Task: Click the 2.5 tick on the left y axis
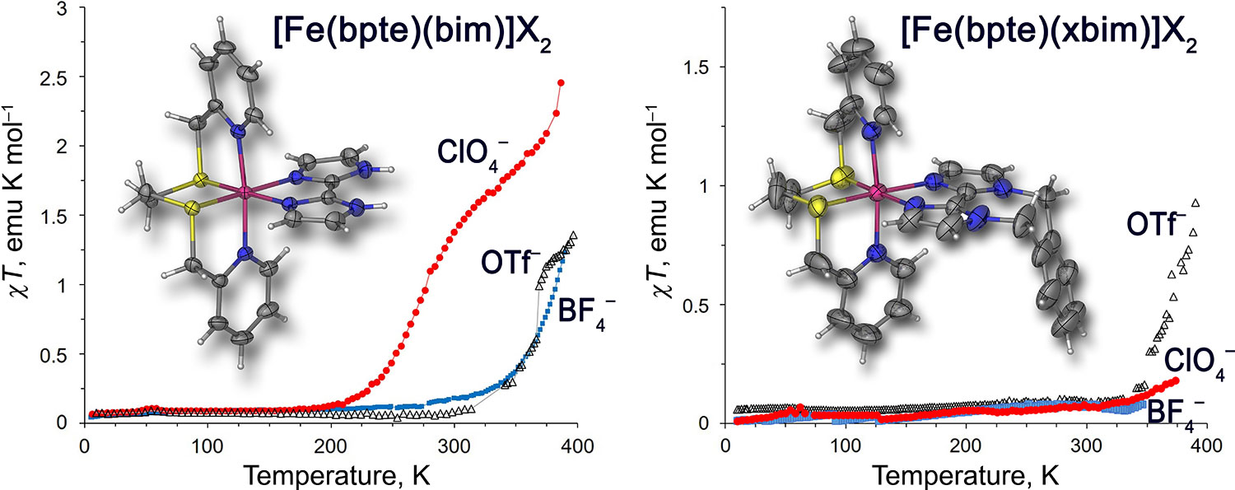click(x=59, y=77)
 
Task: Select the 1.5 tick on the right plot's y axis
click(x=701, y=66)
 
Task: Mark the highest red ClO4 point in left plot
click(x=561, y=82)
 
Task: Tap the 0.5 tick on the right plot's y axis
click(x=701, y=304)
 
